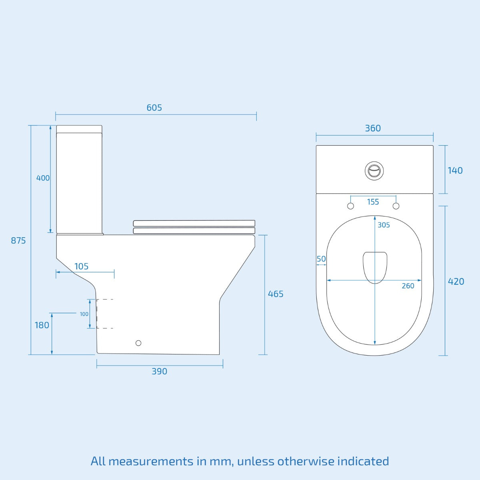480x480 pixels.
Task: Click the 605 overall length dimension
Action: coord(154,108)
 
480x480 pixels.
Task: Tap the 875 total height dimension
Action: coord(18,240)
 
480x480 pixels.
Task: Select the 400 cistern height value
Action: coord(43,178)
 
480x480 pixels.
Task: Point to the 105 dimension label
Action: coord(81,266)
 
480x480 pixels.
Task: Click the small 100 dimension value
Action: coord(84,314)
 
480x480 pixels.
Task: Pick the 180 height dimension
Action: coord(42,325)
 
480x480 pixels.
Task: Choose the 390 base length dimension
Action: coord(159,371)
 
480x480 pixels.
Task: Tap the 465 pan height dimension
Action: coord(275,294)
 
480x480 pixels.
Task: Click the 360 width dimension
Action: coord(372,128)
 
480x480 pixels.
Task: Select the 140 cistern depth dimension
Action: coord(455,170)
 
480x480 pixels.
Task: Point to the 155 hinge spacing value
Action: coord(373,202)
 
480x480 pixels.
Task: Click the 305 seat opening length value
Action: coord(384,225)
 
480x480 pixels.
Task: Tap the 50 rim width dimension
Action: coord(321,259)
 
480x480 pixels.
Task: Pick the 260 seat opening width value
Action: coord(408,286)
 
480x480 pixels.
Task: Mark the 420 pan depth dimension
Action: coord(456,282)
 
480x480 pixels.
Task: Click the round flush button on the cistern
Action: coord(374,171)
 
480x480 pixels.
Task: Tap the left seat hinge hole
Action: coord(350,206)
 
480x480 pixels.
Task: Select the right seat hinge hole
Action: coord(396,206)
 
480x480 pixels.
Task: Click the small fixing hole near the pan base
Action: coord(138,343)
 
